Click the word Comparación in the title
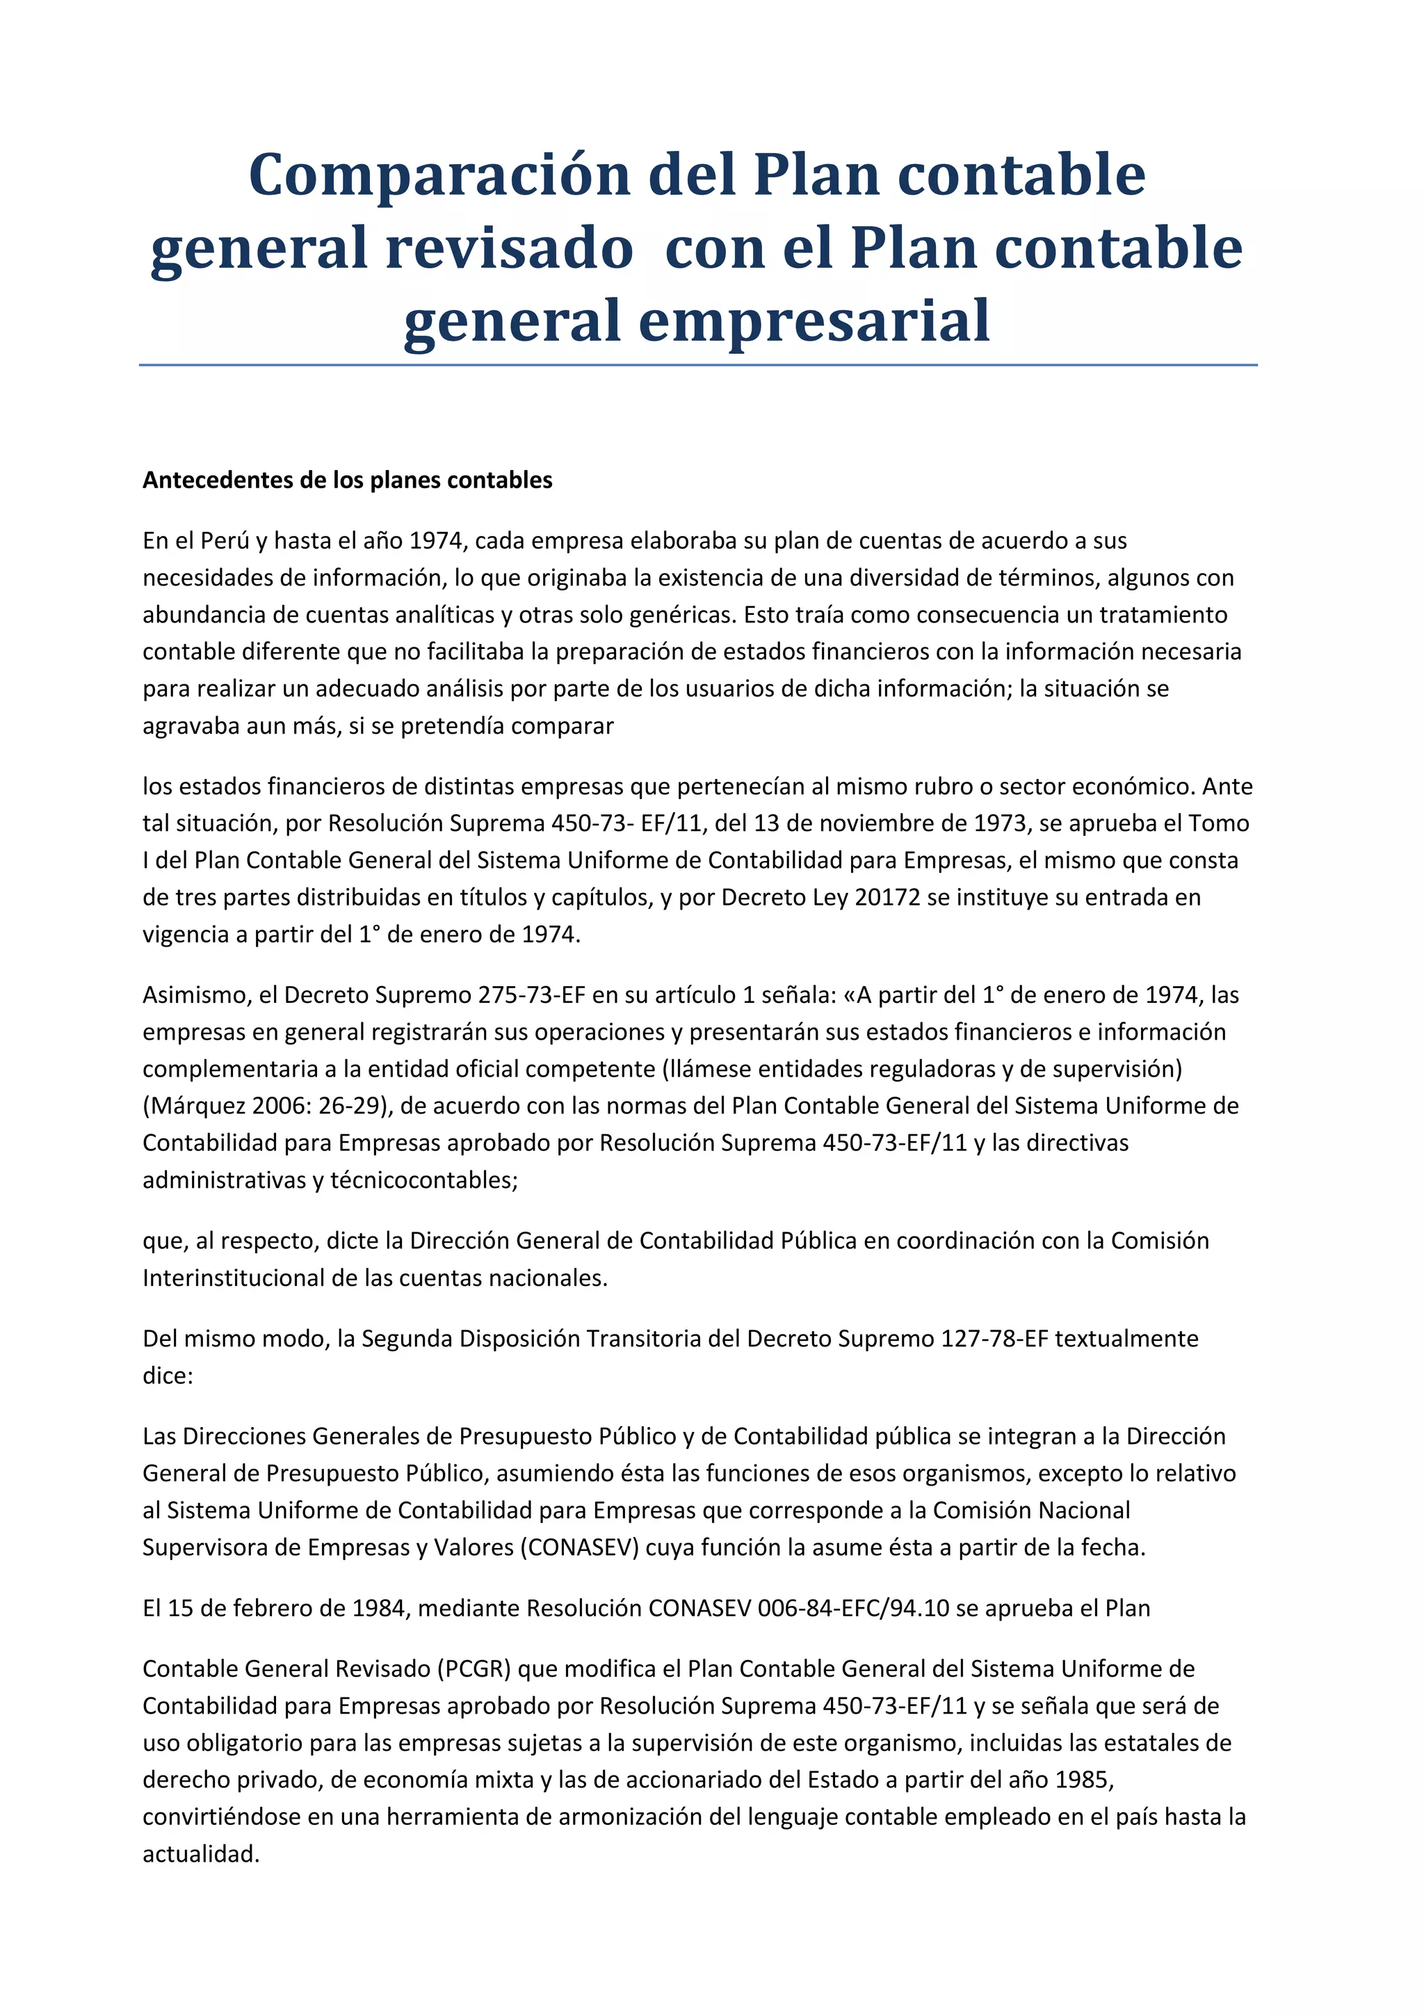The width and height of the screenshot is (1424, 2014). tap(439, 175)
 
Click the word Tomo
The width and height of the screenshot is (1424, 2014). tap(1219, 823)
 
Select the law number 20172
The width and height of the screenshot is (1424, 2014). tap(887, 897)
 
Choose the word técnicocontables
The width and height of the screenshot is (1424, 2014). tap(423, 1181)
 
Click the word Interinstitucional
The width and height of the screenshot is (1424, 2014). tap(234, 1278)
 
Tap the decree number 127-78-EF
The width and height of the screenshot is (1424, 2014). tap(994, 1339)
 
